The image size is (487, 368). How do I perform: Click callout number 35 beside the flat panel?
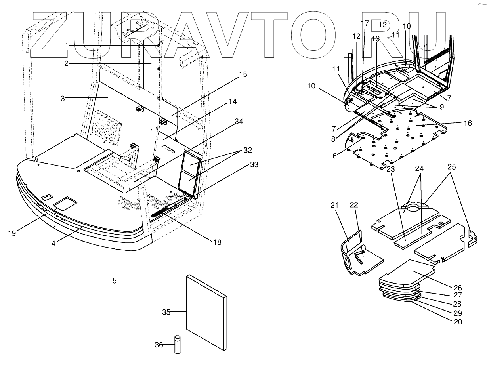(x=166, y=312)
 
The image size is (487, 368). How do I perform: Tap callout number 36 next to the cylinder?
(x=159, y=345)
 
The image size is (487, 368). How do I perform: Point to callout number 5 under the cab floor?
(x=114, y=281)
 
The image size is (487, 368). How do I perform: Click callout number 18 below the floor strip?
(x=216, y=242)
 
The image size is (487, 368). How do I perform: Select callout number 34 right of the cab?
(x=239, y=122)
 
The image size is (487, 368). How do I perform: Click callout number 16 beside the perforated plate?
(x=468, y=123)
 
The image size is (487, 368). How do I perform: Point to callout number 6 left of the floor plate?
(x=335, y=156)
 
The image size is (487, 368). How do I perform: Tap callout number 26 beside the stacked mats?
(x=458, y=288)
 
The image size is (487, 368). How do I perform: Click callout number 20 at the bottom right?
(x=458, y=322)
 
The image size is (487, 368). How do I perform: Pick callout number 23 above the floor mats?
(x=391, y=168)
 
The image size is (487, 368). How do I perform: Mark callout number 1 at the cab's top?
(x=67, y=46)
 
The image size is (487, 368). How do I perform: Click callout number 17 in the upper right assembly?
(x=365, y=23)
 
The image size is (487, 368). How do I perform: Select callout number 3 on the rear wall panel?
(x=63, y=98)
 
